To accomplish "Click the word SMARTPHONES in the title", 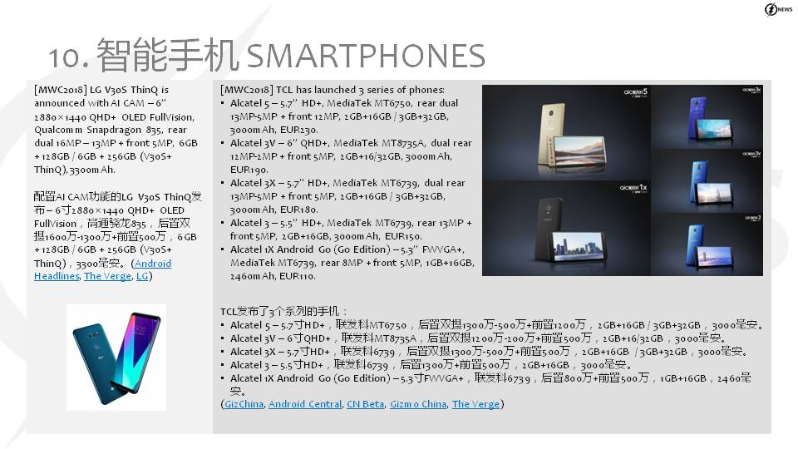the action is pyautogui.click(x=366, y=56).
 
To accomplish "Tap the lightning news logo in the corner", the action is pyautogui.click(x=778, y=9).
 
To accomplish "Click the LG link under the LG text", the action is pyautogui.click(x=142, y=276).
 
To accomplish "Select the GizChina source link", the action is pyautogui.click(x=244, y=404).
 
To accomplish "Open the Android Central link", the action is pyautogui.click(x=305, y=404).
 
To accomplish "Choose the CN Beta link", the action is pyautogui.click(x=366, y=404).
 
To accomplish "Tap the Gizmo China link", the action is pyautogui.click(x=418, y=404).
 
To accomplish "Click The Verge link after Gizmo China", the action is pyautogui.click(x=475, y=404).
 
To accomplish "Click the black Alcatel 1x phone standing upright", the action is pyautogui.click(x=548, y=224).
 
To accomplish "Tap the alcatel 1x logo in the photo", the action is pyautogui.click(x=633, y=189).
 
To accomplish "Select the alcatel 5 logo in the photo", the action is pyautogui.click(x=636, y=92).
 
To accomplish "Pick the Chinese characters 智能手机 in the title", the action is pyautogui.click(x=167, y=55).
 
